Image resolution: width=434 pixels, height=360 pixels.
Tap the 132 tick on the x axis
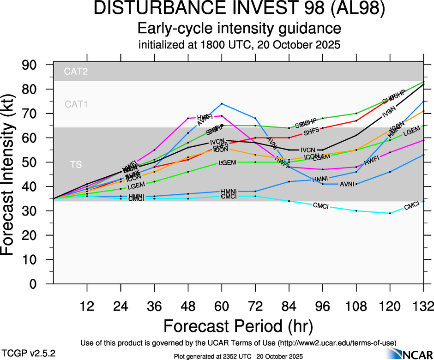(x=423, y=306)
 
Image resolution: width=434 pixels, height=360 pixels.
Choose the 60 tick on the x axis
(x=222, y=306)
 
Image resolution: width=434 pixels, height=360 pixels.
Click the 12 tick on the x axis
(x=87, y=306)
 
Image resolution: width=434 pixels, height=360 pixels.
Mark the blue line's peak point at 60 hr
(x=222, y=103)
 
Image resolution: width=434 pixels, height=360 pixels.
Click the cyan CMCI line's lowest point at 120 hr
(x=390, y=213)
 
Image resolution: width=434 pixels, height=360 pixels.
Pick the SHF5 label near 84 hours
(x=311, y=133)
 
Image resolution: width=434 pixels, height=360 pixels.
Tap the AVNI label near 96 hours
(x=347, y=184)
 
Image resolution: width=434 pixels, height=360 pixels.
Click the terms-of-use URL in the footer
(x=334, y=343)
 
